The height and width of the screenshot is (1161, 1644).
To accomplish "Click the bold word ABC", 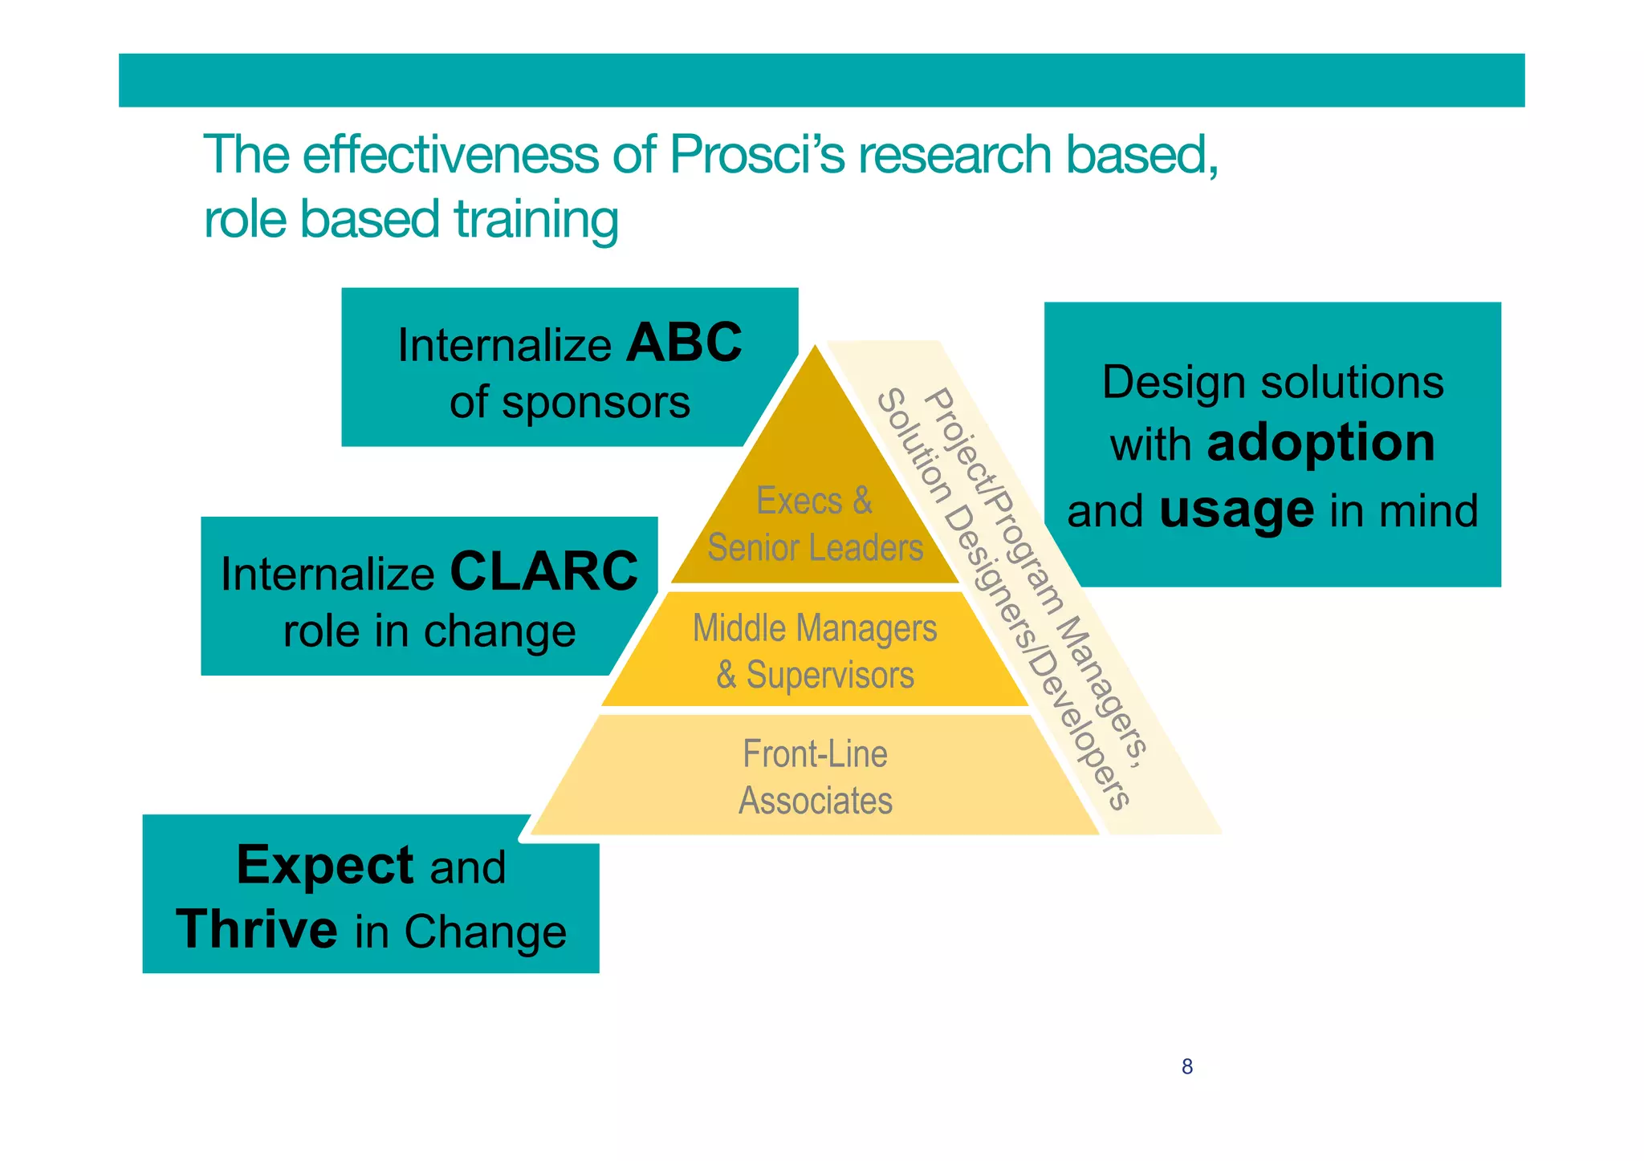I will click(x=684, y=343).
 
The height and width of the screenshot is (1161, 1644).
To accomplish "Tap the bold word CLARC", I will click(x=543, y=572).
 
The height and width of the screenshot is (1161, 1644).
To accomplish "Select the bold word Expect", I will click(x=325, y=865).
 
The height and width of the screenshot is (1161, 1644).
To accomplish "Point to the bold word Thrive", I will click(x=257, y=930).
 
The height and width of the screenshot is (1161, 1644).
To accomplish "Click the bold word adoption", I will click(x=1320, y=443).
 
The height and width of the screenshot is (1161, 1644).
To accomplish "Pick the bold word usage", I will click(x=1236, y=509).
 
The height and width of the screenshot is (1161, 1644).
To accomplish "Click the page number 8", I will click(x=1186, y=1066).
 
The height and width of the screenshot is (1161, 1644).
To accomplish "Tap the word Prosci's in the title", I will click(x=756, y=154).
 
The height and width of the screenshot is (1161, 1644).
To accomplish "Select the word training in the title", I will click(x=535, y=219).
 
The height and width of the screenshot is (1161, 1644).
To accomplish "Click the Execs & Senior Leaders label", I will click(x=815, y=524).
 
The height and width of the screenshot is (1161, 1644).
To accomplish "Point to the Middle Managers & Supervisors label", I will click(x=815, y=651).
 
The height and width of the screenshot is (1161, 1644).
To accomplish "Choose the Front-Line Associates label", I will click(x=815, y=777).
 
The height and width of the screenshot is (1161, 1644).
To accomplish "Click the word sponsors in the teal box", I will click(x=596, y=402).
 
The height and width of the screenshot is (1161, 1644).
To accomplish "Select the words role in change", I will click(x=429, y=631).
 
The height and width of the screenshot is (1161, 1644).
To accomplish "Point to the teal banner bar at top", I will click(x=821, y=80).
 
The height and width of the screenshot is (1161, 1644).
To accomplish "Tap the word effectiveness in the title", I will click(x=450, y=154).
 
